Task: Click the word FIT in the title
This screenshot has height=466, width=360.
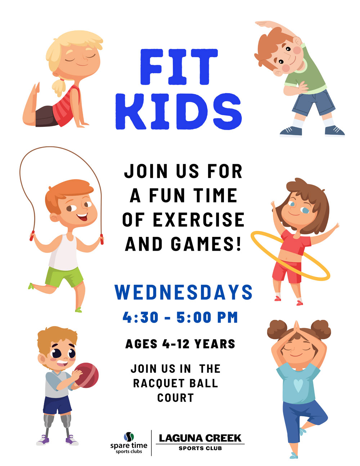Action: coord(179,67)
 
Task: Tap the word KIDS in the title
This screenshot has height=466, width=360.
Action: coord(179,111)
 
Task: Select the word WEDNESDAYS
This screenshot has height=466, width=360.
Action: coord(184,292)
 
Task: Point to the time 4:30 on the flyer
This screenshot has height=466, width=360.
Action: coord(140,317)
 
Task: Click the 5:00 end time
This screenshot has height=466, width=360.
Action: coord(194,317)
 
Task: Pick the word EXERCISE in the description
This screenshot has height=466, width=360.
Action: coord(198,220)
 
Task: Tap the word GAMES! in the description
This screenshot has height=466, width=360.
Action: coord(206,244)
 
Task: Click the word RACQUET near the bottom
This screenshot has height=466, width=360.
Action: coord(159,383)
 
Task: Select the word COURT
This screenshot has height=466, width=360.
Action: coord(176,398)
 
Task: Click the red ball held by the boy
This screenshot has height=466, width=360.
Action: coord(87,375)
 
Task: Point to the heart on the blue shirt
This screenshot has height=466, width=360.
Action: coord(298,385)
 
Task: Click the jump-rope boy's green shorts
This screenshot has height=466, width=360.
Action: coord(64,276)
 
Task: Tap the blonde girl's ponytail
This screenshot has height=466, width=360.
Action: coord(58,87)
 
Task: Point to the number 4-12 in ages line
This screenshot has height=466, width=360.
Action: coord(176,344)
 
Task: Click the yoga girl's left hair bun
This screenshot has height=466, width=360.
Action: coord(277,330)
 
